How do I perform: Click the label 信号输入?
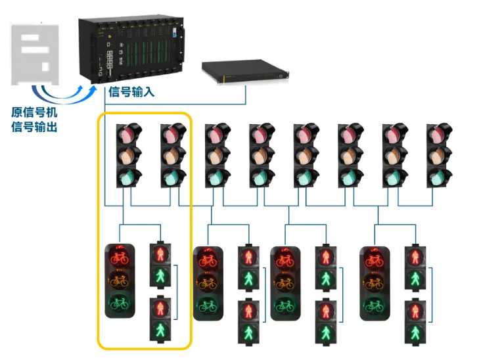131,92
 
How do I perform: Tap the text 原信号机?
34,112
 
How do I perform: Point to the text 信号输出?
34,126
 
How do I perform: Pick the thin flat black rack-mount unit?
244,71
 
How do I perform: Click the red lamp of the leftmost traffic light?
127,135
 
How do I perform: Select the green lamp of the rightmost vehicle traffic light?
439,177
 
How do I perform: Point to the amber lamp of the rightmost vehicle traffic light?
439,156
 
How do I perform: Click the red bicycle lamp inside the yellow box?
120,257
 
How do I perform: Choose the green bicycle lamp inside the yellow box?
120,304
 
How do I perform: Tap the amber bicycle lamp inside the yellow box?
120,281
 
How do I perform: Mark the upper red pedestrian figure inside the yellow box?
160,254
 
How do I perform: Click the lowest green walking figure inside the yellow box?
160,330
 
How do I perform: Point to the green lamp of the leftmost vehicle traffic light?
127,177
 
